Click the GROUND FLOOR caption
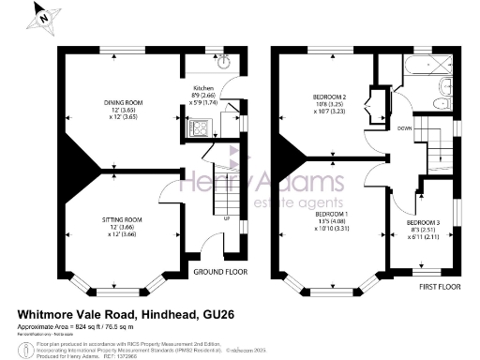(x=218, y=272)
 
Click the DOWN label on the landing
(x=404, y=127)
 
